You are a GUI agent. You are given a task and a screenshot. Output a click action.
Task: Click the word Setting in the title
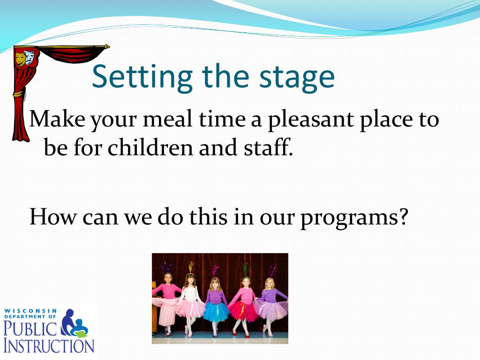pos(142,77)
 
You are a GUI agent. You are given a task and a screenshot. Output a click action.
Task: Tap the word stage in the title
pos(297,79)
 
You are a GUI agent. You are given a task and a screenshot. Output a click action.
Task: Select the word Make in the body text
pos(57,118)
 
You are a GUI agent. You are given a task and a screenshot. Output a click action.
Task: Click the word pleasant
pos(311,120)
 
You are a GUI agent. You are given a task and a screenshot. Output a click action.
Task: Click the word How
pos(53,217)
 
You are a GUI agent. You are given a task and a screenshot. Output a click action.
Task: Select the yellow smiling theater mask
pos(21,59)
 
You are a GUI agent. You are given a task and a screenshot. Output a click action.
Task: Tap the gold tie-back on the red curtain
pos(18,93)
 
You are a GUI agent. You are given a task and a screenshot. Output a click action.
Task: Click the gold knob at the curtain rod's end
pos(106,47)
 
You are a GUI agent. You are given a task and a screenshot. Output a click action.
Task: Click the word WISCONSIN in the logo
pos(30,311)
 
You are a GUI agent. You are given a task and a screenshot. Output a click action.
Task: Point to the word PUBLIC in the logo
pos(30,328)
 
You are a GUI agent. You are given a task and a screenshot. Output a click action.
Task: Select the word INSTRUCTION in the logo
pos(49,346)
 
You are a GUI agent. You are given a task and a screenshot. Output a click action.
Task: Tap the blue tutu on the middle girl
pos(217,312)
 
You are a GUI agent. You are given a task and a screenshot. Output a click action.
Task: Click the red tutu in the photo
pos(243,311)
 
